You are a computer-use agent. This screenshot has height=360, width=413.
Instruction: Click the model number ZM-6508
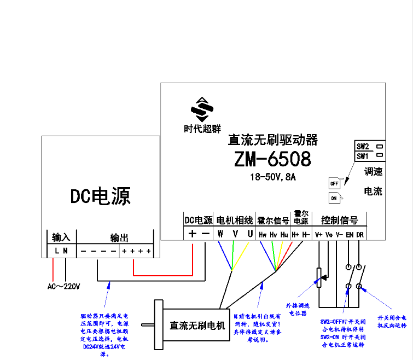(272, 159)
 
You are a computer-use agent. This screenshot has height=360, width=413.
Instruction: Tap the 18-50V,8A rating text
(272, 177)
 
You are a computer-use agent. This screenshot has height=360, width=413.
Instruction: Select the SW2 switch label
(363, 147)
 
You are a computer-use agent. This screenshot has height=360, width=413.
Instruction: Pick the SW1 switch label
(363, 156)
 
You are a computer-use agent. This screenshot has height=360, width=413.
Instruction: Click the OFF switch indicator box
(334, 183)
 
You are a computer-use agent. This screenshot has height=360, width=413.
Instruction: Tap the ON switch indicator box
(334, 198)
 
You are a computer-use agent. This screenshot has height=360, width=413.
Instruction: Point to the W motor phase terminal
(220, 234)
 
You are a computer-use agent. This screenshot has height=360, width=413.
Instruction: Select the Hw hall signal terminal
(263, 234)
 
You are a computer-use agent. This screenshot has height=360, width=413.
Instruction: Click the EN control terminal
(350, 234)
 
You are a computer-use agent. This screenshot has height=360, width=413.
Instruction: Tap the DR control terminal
(360, 234)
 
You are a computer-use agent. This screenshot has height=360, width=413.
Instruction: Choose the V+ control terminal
(319, 234)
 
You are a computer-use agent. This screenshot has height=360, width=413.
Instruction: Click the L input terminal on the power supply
(56, 251)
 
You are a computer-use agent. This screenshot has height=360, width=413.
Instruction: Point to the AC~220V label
(64, 287)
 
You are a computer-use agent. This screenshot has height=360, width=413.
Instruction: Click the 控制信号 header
(339, 220)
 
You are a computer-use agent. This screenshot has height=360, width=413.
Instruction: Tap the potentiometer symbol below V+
(319, 278)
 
